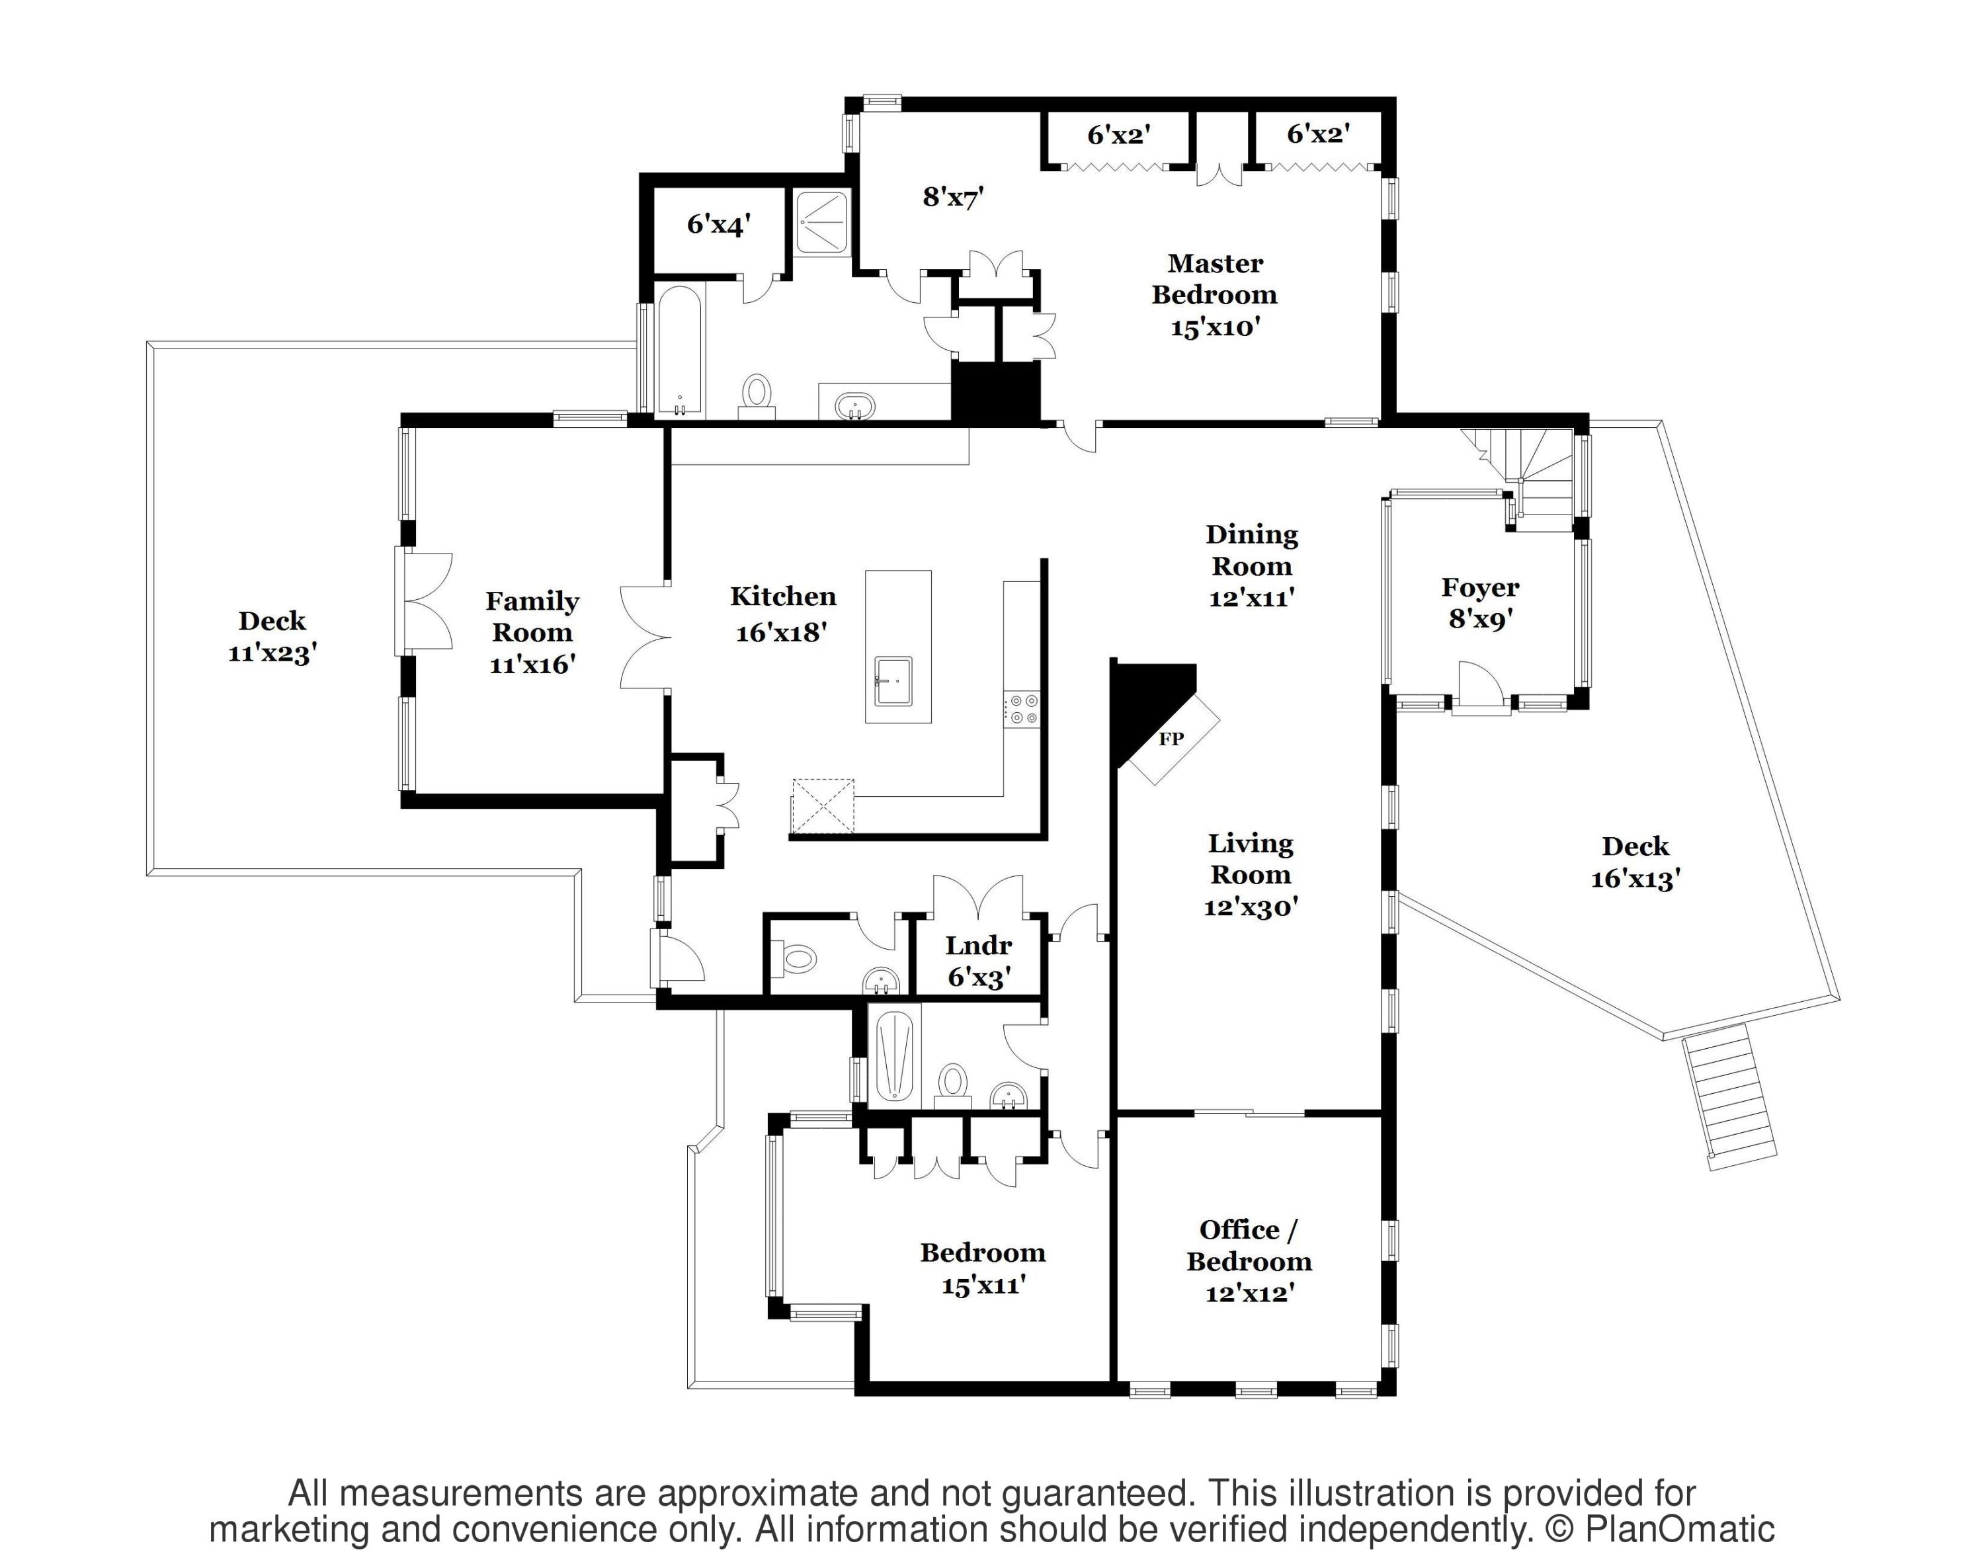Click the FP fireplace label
[1171, 739]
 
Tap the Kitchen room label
[783, 613]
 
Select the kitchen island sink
[892, 681]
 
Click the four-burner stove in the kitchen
[1022, 709]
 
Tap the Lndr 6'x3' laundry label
[979, 961]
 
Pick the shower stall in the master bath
[821, 222]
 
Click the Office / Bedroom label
[1249, 1260]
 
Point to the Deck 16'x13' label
[1635, 862]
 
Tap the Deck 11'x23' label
[272, 637]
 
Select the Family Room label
[532, 632]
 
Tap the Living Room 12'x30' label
[1251, 874]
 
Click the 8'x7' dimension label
[953, 196]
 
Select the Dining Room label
[1251, 565]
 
